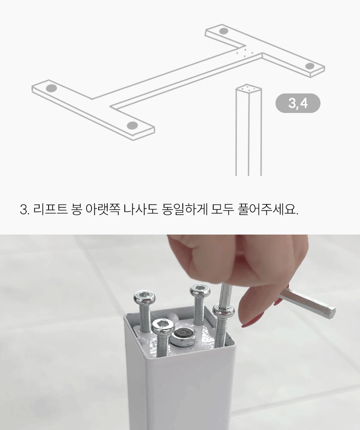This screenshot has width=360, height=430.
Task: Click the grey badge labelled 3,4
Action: (x=298, y=103)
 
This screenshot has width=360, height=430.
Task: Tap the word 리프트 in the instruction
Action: (x=50, y=210)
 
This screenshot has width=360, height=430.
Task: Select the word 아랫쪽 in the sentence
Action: (x=103, y=210)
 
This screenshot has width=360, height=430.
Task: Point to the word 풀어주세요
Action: (x=268, y=210)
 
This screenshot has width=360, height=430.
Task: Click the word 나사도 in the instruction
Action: (x=141, y=210)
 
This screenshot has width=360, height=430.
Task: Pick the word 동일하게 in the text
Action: (x=185, y=210)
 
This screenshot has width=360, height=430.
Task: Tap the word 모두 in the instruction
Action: (x=223, y=210)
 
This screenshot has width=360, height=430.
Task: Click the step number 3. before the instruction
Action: (x=25, y=210)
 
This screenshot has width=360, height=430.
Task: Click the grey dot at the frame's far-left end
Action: (x=51, y=88)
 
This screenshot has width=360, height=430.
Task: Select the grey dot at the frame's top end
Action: (x=223, y=31)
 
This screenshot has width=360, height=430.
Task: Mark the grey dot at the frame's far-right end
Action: (x=310, y=66)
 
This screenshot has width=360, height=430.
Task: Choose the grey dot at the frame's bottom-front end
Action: (x=132, y=125)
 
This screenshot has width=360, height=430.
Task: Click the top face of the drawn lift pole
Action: (x=248, y=89)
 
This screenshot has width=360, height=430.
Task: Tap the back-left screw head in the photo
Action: (x=145, y=297)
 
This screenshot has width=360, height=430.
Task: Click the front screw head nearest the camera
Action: (x=164, y=326)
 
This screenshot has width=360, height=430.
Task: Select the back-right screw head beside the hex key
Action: (x=200, y=291)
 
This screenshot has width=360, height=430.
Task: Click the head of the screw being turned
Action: (x=223, y=310)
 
